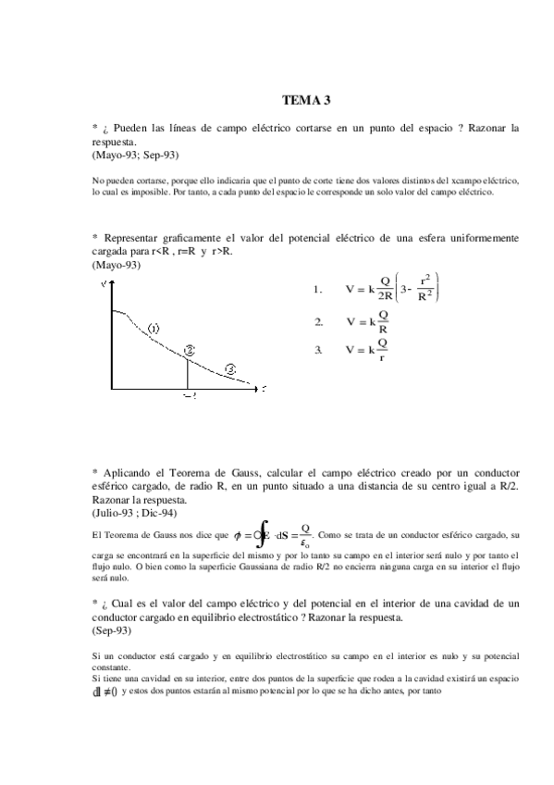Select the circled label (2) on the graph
[x=189, y=350]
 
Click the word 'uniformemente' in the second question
[x=473, y=238]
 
